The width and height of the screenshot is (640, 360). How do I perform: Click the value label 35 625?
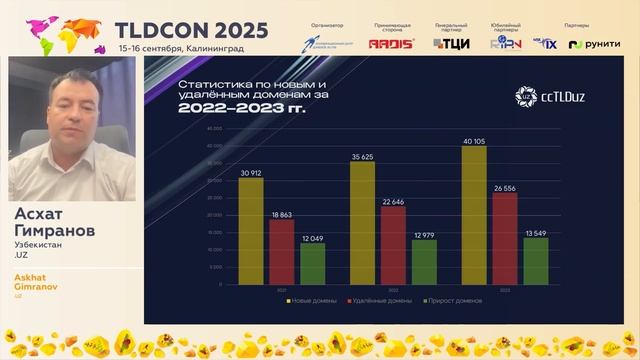point(362,157)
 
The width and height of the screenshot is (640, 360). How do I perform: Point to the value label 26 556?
point(505,187)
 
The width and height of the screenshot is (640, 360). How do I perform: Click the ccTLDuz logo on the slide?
point(547,95)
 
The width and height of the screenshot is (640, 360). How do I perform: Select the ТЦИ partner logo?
point(451,43)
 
